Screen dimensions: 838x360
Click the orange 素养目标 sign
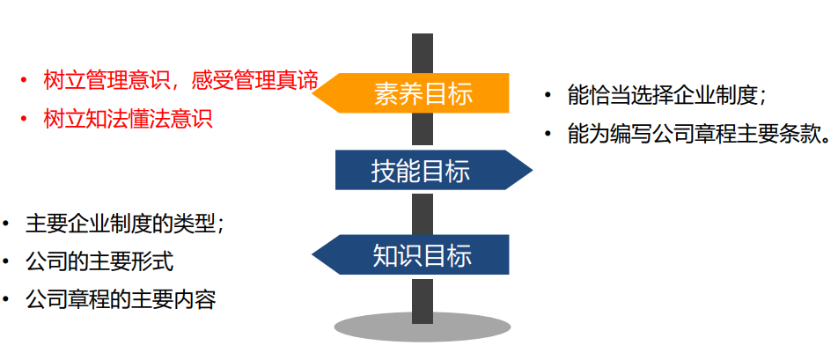(422, 93)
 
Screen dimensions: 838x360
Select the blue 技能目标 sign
(422, 170)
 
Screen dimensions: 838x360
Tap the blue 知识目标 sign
(422, 255)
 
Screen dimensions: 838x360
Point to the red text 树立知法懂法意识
(128, 119)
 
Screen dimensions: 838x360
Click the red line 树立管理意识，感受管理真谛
(180, 81)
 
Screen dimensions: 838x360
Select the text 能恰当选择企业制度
(665, 94)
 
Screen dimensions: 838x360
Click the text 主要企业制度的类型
(124, 224)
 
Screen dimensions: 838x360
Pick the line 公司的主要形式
(99, 261)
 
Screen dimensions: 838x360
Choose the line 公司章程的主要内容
(121, 299)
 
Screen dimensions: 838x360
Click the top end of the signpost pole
(423, 37)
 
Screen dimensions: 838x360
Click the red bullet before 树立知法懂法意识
(24, 119)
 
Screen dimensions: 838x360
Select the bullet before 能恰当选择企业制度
(548, 94)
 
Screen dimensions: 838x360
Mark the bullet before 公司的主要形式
(7, 261)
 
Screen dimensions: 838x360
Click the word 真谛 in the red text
(297, 81)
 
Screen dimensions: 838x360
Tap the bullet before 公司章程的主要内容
(7, 299)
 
